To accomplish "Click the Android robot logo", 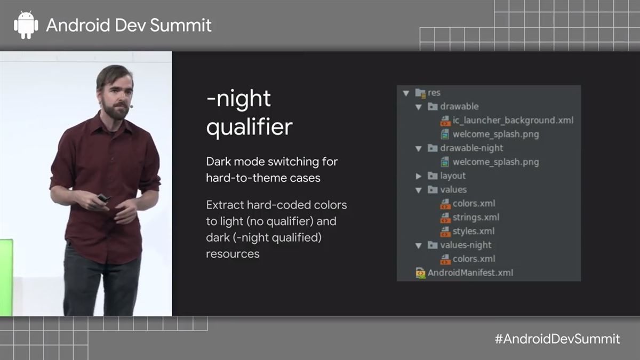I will tap(26, 25).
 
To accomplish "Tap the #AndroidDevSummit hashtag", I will tap(557, 339).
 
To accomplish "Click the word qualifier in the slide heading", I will tap(249, 127).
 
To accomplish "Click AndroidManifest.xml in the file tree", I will tap(470, 273).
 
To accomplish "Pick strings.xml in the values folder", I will tap(476, 217).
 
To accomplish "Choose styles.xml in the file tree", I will tap(474, 231).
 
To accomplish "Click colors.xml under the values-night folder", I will tap(474, 259).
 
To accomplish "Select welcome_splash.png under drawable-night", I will tap(495, 162).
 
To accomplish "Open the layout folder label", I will tap(453, 175).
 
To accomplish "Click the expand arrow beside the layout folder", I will tap(419, 176).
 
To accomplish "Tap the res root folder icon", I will tap(420, 93).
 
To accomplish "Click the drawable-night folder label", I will tap(471, 148).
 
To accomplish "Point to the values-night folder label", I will tap(466, 245).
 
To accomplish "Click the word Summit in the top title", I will tap(186, 25).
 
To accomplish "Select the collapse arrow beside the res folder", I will tap(406, 93).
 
